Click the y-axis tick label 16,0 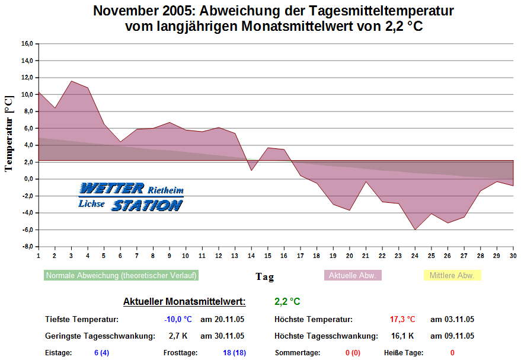[27, 43]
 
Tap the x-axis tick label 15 [267, 256]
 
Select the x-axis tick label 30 [513, 256]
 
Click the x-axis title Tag [264, 276]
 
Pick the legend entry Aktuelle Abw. [353, 276]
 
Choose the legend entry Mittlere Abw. [452, 276]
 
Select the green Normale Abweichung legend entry [121, 276]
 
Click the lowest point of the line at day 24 [415, 230]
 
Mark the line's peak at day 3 [71, 81]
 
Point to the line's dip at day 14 [251, 170]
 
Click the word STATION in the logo [147, 205]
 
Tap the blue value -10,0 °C [178, 319]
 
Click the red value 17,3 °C [402, 319]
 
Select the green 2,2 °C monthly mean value [287, 302]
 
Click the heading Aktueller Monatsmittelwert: [184, 302]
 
